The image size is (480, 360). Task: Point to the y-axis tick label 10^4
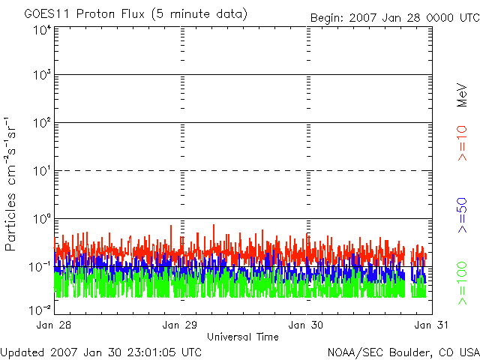[41, 30]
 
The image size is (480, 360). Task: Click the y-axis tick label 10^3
[41, 76]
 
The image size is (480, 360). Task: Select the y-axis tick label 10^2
[41, 124]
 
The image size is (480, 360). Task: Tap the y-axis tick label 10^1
[41, 172]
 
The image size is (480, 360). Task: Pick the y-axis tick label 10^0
[41, 220]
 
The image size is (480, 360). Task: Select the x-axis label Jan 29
[181, 325]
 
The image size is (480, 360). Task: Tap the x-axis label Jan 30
[307, 325]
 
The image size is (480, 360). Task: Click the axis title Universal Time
[242, 337]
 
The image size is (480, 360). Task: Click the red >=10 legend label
[463, 142]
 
